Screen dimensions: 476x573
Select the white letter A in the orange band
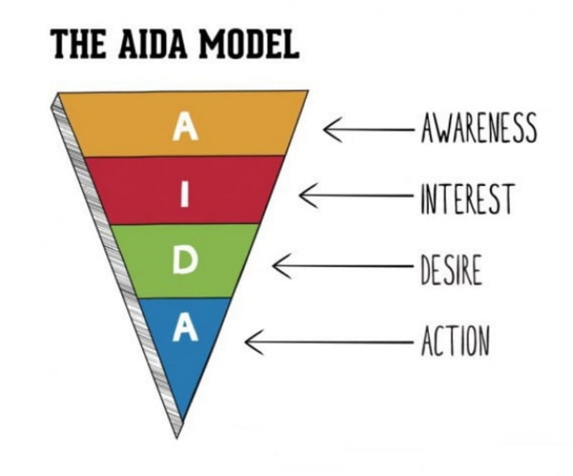point(186,128)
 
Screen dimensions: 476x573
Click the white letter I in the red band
point(185,193)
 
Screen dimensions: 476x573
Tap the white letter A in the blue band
point(185,329)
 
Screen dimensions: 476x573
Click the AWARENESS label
point(477,130)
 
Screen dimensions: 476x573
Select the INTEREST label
point(466,198)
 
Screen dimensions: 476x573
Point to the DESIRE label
point(451,271)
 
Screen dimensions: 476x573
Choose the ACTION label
point(455,341)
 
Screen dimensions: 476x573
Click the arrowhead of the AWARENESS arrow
point(327,130)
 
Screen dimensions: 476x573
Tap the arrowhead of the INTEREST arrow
point(304,195)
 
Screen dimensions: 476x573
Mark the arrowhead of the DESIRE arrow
point(277,266)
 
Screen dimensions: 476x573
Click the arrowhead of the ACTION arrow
point(249,341)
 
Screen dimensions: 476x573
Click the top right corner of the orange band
point(307,91)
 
